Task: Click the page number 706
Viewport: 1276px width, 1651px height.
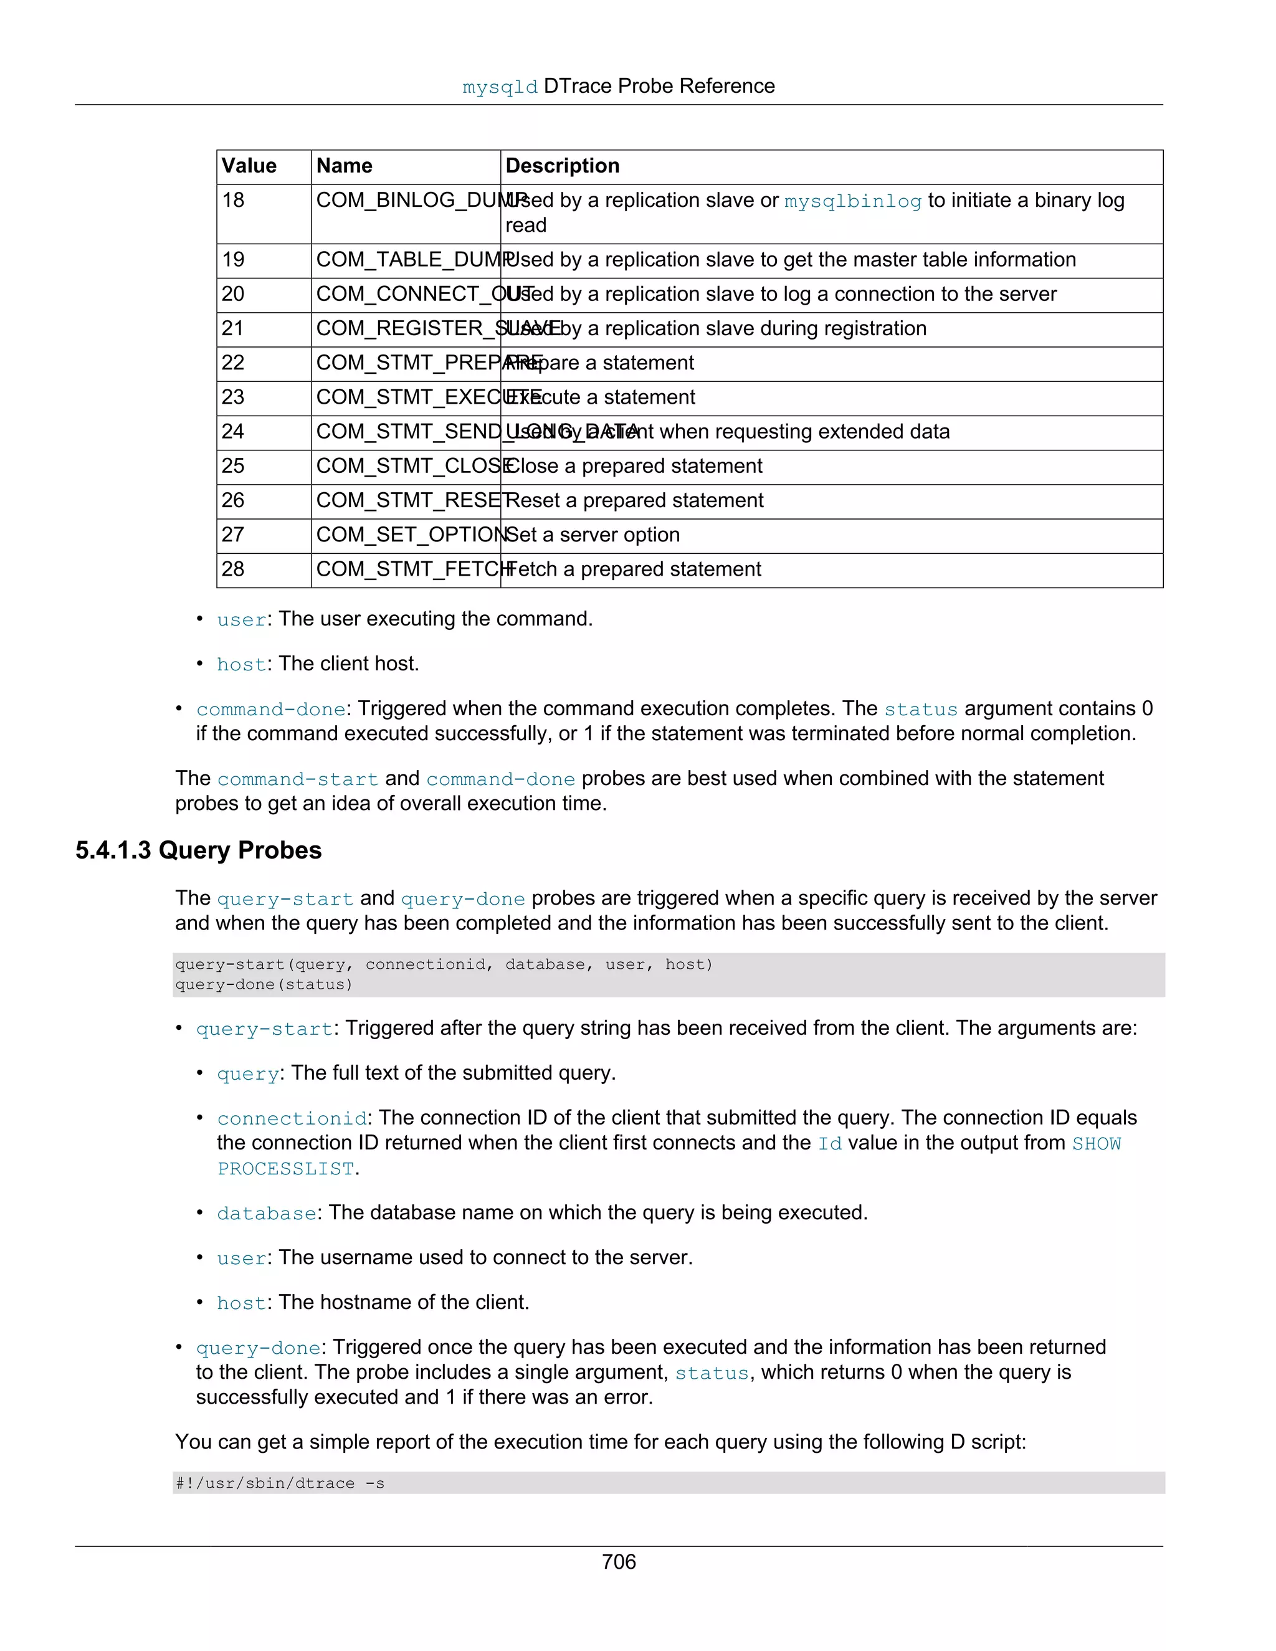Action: [x=618, y=1562]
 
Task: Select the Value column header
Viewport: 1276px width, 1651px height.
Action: [x=249, y=166]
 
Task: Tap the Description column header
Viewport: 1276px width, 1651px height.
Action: [x=563, y=166]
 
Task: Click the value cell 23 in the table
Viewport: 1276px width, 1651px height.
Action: [x=233, y=397]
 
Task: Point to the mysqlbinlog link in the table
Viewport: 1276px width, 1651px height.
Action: [x=853, y=201]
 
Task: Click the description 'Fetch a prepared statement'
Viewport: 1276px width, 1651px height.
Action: [x=634, y=569]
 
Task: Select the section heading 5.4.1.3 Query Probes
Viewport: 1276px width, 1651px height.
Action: [x=198, y=850]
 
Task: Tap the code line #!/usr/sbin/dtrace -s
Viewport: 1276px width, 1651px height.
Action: [x=280, y=1483]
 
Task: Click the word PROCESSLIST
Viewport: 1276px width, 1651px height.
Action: [x=286, y=1169]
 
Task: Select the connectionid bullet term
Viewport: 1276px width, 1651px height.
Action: [x=292, y=1119]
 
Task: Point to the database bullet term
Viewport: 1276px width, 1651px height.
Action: [x=266, y=1213]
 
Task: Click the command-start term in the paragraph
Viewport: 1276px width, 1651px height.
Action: [x=297, y=779]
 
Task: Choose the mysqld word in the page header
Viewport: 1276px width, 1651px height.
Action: [x=500, y=88]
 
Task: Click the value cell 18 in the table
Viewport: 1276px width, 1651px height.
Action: [x=233, y=201]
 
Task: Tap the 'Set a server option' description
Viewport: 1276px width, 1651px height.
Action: [x=593, y=535]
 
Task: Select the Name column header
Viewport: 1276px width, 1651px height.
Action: [x=344, y=166]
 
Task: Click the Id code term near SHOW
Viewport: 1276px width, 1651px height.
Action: [x=829, y=1144]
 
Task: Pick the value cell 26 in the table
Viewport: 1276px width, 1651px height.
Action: [x=233, y=500]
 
